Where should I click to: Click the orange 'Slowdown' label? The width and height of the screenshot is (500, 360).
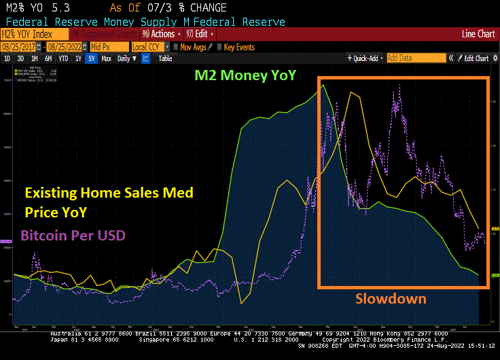pos(391,298)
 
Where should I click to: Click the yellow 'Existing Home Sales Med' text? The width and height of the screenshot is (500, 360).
pos(109,193)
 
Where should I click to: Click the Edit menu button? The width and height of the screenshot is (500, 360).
pos(202,34)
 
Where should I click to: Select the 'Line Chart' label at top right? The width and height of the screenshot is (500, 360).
pos(478,34)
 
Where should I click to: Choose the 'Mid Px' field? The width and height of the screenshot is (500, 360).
pos(109,47)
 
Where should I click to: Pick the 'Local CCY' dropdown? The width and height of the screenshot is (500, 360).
pos(149,47)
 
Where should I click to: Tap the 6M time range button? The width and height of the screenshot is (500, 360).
pos(48,58)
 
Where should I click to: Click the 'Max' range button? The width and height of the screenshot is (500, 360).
pos(106,58)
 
